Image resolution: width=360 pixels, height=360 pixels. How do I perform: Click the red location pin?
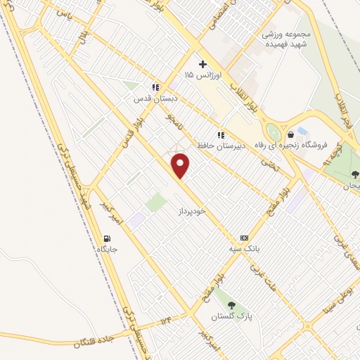click(x=181, y=166)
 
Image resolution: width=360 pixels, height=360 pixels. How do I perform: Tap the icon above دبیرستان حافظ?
click(x=220, y=134)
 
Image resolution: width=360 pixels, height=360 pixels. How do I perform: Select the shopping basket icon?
click(x=290, y=135)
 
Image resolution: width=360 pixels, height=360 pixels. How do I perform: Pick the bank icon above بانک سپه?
click(x=244, y=238)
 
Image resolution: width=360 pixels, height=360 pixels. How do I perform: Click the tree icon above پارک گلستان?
click(x=232, y=305)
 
